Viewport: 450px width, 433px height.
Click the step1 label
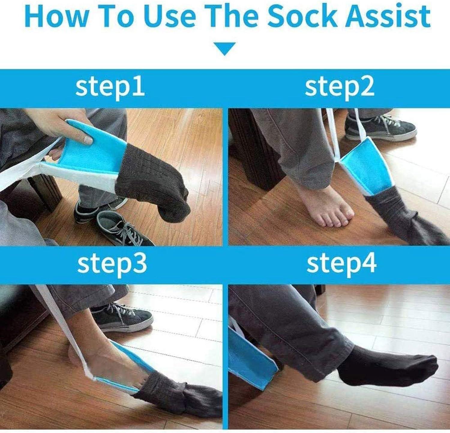coord(110,87)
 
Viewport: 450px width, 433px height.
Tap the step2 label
coord(339,87)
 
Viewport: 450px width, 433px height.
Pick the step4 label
coord(341,264)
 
